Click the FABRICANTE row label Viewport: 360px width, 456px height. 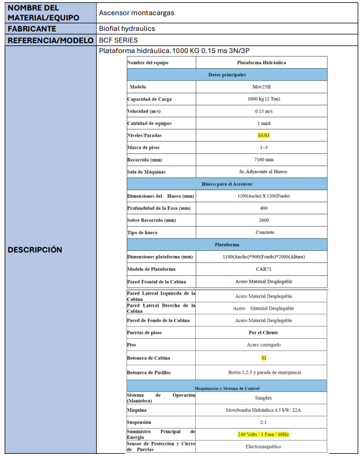coord(32,28)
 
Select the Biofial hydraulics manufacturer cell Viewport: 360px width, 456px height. coord(126,28)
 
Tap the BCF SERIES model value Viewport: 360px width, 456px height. coord(119,40)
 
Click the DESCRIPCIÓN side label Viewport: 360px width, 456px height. coord(35,250)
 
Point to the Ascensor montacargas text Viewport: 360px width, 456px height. coord(136,12)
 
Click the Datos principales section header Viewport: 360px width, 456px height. coord(227,75)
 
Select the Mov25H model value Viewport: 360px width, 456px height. coord(263,87)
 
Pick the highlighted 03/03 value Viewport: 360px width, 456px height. coord(263,135)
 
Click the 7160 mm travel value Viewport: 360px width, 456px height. coord(263,160)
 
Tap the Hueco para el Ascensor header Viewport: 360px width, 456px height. coord(227,184)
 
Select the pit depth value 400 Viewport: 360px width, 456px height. coord(263,208)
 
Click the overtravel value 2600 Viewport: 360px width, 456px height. coord(263,220)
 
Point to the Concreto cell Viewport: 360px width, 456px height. coord(263,233)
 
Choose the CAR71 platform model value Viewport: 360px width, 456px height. coord(263,269)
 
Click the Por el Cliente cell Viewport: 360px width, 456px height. coord(263,332)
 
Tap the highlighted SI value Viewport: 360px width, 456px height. coord(263,358)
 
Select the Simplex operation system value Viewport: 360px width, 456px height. coord(263,397)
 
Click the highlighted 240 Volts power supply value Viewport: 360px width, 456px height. coord(263,434)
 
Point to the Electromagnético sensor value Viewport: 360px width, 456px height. coord(263,447)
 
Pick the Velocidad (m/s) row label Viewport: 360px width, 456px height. coord(144,111)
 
